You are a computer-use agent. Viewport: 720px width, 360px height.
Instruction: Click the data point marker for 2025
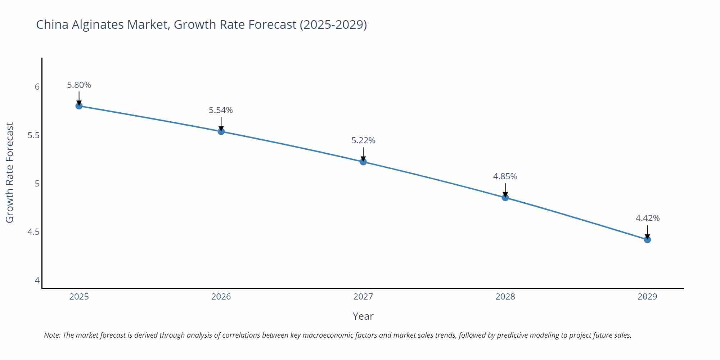[x=79, y=106]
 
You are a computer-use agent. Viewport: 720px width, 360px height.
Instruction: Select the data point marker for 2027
[x=363, y=162]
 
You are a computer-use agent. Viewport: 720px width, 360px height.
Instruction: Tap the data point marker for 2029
[x=647, y=239]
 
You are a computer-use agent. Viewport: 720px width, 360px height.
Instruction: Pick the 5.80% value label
[x=79, y=85]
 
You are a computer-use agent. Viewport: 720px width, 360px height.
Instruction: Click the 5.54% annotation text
[x=221, y=110]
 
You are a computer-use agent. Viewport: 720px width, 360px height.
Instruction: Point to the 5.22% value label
[x=363, y=140]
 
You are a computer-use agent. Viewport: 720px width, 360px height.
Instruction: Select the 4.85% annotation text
[x=505, y=176]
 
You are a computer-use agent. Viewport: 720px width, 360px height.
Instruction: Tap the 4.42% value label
[x=647, y=218]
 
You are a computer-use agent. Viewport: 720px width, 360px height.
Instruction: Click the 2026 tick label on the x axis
[x=221, y=297]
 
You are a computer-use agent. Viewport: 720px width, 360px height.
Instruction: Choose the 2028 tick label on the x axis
[x=505, y=297]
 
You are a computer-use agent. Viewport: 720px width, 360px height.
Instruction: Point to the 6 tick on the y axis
[x=37, y=87]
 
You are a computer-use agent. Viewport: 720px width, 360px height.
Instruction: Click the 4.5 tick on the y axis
[x=33, y=232]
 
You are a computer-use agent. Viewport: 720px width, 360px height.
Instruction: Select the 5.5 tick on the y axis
[x=33, y=135]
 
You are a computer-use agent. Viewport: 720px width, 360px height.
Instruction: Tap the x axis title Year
[x=363, y=316]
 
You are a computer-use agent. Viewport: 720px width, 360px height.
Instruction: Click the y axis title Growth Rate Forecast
[x=10, y=172]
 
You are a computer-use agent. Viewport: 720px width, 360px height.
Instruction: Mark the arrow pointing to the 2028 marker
[x=505, y=190]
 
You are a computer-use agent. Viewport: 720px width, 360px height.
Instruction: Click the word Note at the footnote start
[x=52, y=335]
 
